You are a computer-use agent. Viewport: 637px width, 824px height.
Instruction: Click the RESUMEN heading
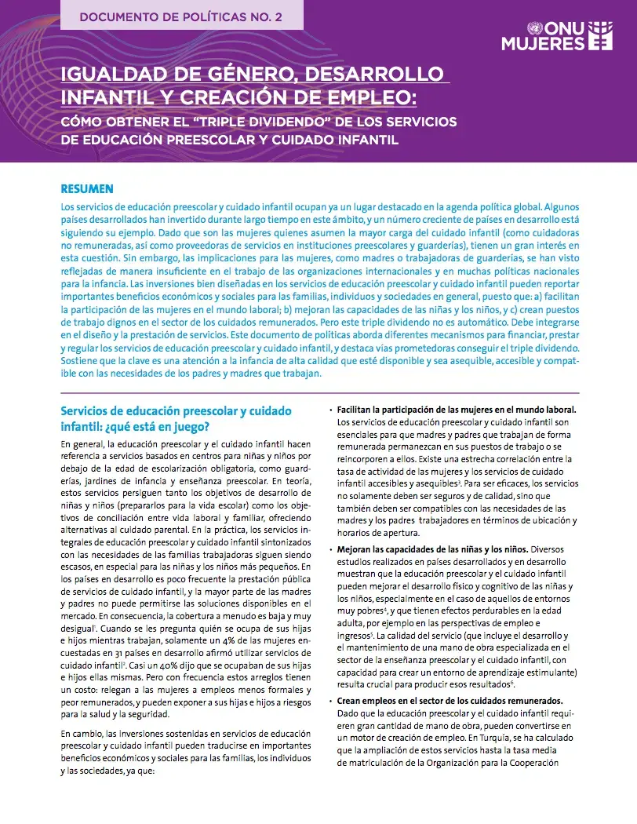[87, 189]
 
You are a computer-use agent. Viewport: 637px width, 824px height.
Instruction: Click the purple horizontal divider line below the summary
[319, 392]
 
